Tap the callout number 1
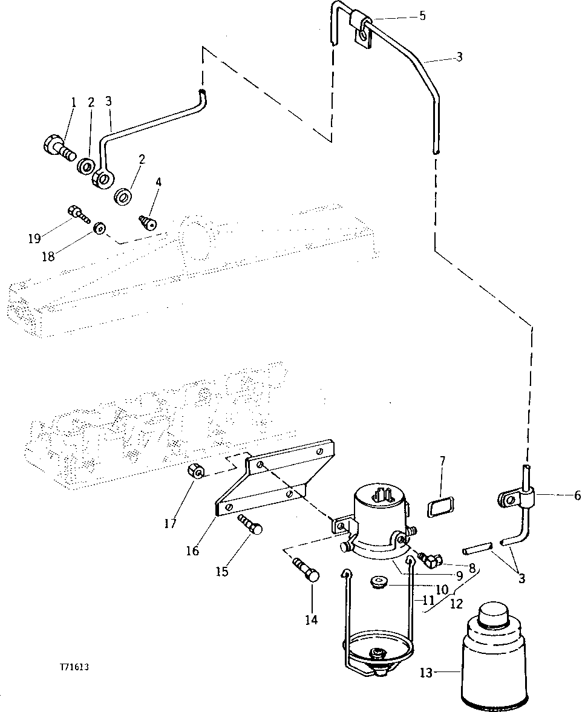(x=73, y=102)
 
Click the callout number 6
(x=577, y=495)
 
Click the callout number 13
(x=426, y=672)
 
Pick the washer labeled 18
(x=99, y=229)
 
